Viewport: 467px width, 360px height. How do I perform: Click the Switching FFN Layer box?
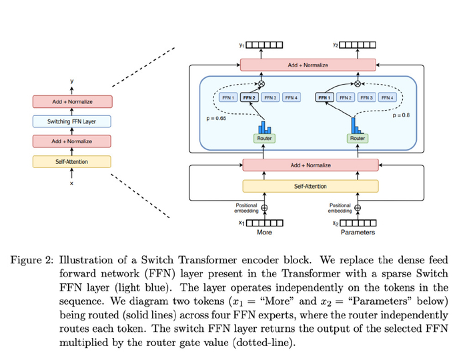click(71, 122)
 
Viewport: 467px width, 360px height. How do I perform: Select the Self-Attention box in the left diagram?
click(71, 162)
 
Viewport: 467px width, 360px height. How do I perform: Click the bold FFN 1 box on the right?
click(325, 97)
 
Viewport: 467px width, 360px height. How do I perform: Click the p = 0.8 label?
click(401, 115)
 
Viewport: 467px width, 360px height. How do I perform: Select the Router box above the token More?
click(265, 138)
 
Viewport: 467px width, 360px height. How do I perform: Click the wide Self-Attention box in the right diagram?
click(310, 186)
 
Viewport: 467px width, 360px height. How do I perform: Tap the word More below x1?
click(265, 233)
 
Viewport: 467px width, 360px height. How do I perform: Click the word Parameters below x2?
click(358, 233)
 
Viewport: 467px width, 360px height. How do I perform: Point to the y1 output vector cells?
click(265, 45)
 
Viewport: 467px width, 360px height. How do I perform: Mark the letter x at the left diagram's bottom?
click(71, 184)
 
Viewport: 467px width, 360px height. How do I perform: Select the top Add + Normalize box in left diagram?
click(71, 102)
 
